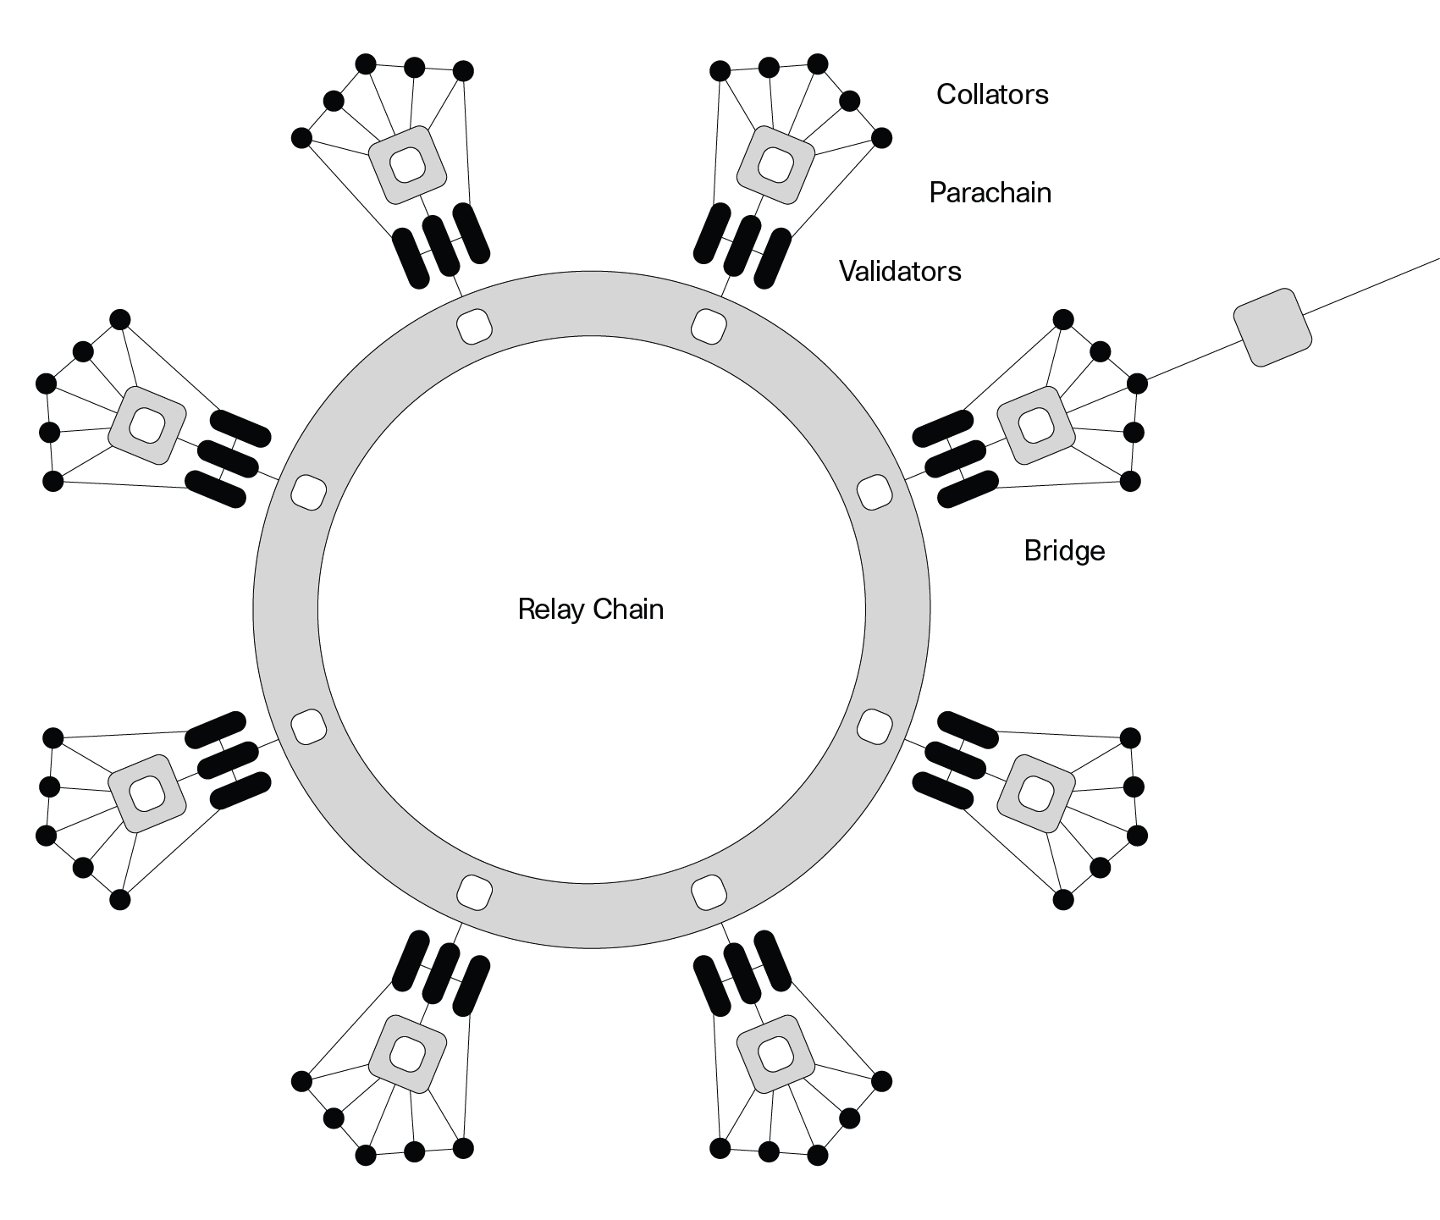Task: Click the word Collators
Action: (x=991, y=94)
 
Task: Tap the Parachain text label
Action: (x=990, y=193)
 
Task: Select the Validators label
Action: (x=900, y=271)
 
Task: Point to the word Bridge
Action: (x=1064, y=551)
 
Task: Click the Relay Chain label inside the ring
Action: (x=590, y=610)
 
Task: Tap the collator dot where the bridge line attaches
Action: (x=1137, y=384)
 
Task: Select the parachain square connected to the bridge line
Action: (x=1035, y=425)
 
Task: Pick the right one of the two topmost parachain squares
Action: (x=775, y=164)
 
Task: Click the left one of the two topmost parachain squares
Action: (x=407, y=164)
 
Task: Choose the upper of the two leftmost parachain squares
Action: (x=146, y=425)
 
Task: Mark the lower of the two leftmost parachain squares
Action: (x=146, y=792)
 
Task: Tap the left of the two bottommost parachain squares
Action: (x=407, y=1054)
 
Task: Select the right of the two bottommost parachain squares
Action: (x=775, y=1054)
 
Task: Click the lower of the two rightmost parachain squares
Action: (x=1035, y=792)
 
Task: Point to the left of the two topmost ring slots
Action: (x=474, y=325)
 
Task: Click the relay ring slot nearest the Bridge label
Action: (x=875, y=492)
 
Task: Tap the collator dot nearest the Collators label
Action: (x=881, y=137)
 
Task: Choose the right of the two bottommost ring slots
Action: (x=709, y=892)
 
